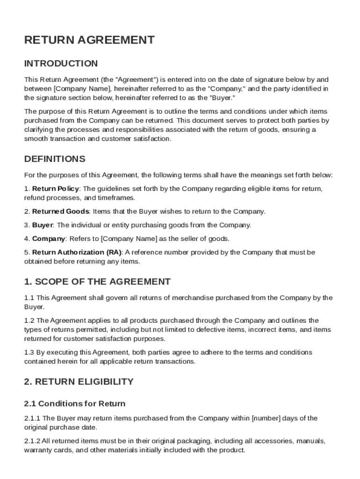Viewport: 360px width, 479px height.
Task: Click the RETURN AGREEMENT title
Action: (x=89, y=40)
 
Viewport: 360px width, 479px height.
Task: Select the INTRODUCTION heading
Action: (x=61, y=64)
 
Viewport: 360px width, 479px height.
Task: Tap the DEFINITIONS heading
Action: (x=55, y=159)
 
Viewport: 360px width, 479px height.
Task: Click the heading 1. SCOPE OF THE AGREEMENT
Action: (x=97, y=282)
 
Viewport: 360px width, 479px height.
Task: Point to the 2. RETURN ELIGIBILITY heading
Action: (x=79, y=382)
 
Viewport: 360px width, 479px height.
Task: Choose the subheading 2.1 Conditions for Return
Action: (x=75, y=403)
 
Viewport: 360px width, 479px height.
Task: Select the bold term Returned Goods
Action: (x=60, y=211)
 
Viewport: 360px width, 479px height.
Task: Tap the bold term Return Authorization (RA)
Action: (x=77, y=253)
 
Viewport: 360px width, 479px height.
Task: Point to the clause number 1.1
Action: (x=29, y=298)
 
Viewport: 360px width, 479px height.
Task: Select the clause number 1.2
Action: (x=29, y=320)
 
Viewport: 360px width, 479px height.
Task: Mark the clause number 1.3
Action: (x=29, y=352)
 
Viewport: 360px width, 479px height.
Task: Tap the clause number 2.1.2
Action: (x=32, y=441)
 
